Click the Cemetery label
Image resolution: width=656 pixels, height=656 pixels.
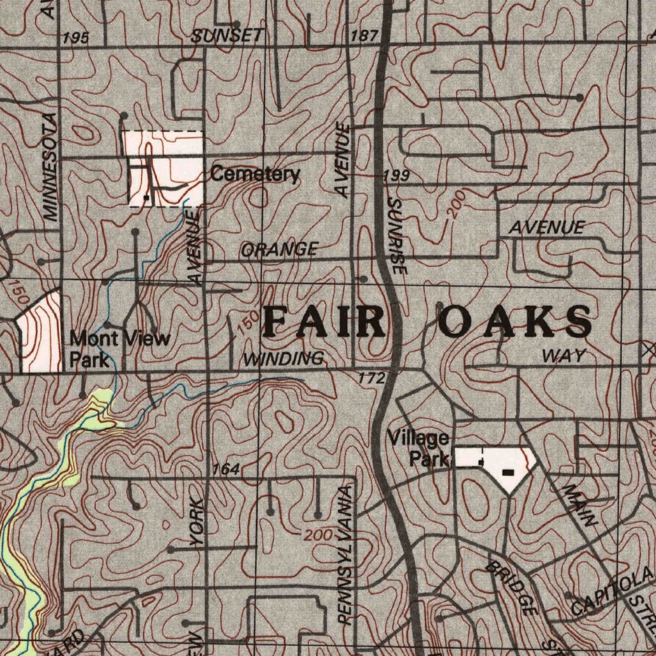point(255,174)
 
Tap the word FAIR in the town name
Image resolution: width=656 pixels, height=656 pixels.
point(325,322)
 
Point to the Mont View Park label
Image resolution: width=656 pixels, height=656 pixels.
point(119,348)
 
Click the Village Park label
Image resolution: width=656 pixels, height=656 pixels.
point(419,448)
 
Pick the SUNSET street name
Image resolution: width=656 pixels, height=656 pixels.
point(227,36)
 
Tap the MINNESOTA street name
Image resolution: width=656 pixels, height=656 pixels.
point(51,167)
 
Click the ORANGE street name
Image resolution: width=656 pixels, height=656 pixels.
point(279,249)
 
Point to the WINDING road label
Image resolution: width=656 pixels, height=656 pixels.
point(283,359)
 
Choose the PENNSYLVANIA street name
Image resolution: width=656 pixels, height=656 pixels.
point(345,555)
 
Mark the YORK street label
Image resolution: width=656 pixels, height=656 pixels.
point(198,523)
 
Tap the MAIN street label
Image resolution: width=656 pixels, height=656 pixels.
point(580,506)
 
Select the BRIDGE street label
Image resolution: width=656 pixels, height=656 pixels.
point(511,588)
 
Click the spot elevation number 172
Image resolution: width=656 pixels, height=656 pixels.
point(372,379)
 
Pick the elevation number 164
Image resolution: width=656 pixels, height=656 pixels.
point(227,470)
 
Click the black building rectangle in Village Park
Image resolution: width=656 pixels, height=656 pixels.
point(507,472)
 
